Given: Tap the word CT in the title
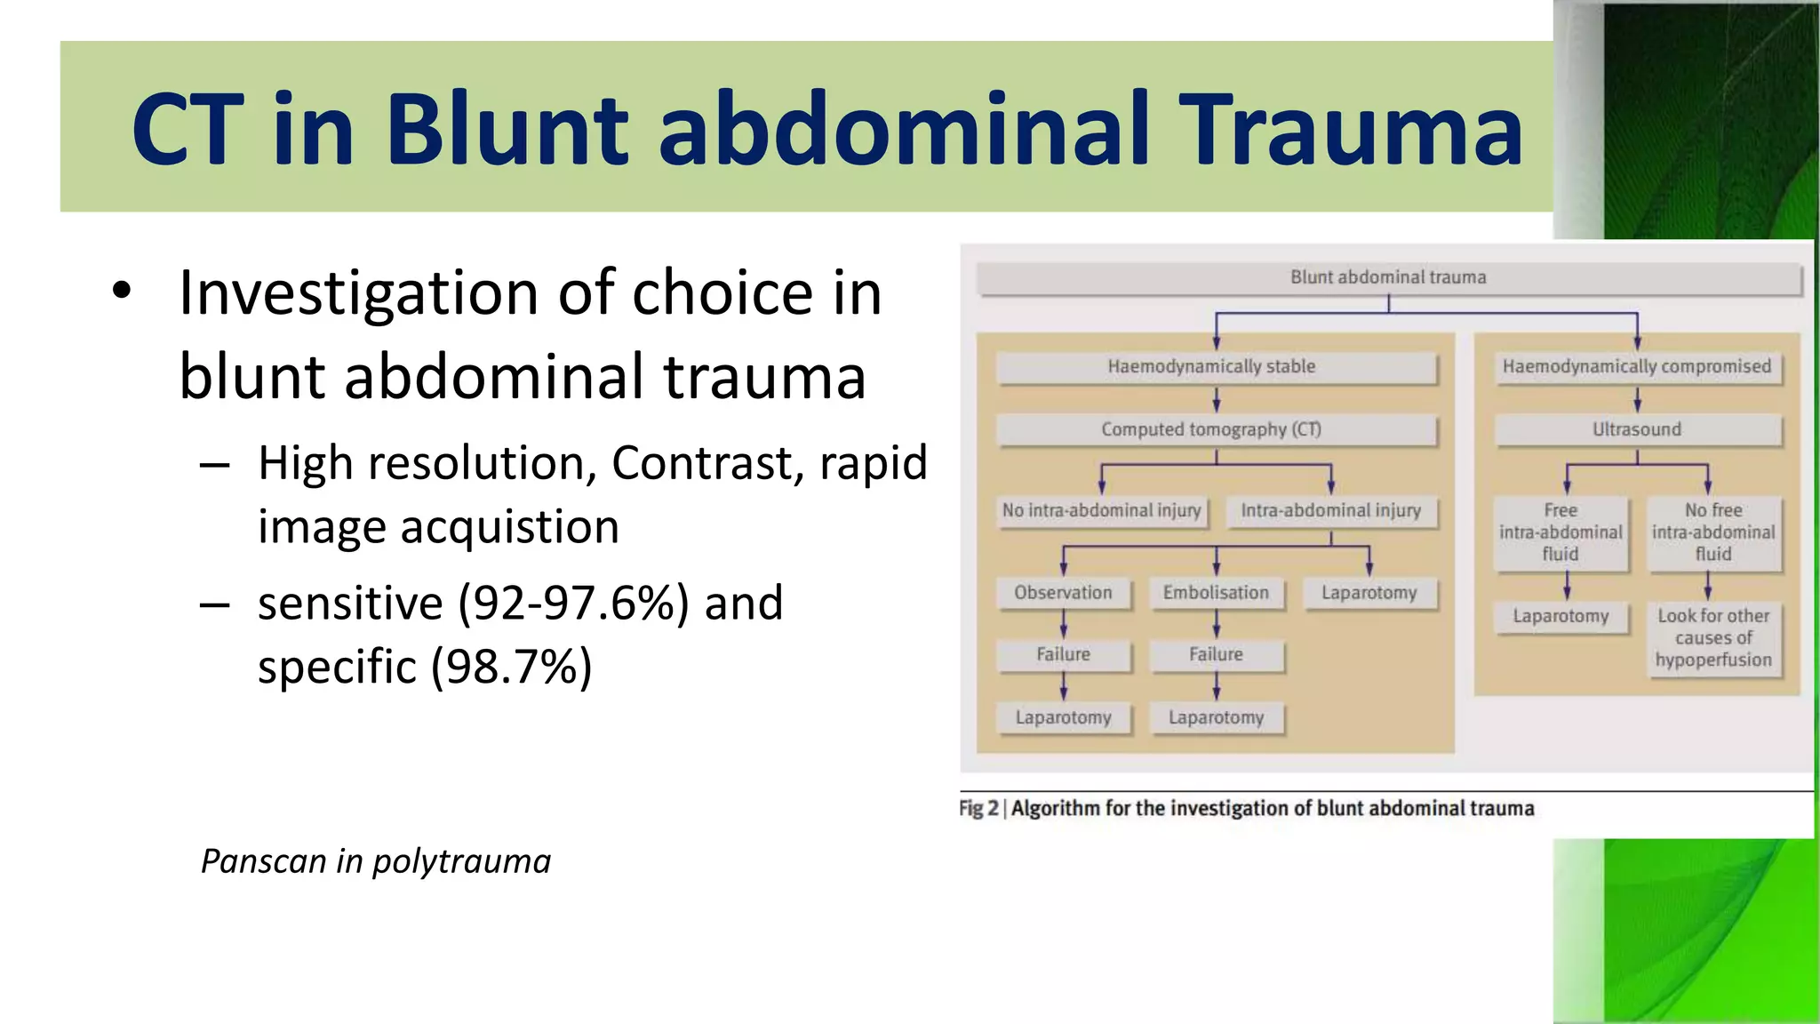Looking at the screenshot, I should [188, 130].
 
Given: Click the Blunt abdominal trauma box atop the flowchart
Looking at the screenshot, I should [1388, 278].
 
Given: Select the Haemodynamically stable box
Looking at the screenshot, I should [1215, 367].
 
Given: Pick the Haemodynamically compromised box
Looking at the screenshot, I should [1637, 367].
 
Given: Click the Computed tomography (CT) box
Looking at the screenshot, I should [1215, 430].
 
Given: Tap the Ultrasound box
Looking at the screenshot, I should [1637, 430].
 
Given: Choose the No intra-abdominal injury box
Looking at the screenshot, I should [1102, 511].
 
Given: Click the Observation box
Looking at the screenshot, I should [1063, 593].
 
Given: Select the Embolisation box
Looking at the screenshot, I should [1216, 593].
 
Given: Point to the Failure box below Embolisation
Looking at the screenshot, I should [1216, 655].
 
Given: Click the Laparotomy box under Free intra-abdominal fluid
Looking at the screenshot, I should [1561, 617].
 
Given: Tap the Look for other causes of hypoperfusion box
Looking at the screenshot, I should [1712, 638].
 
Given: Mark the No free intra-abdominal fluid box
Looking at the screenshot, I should [1712, 532].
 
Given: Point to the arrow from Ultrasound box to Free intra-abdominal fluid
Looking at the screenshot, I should [1568, 478].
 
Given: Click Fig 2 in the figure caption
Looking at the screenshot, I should [978, 809].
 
